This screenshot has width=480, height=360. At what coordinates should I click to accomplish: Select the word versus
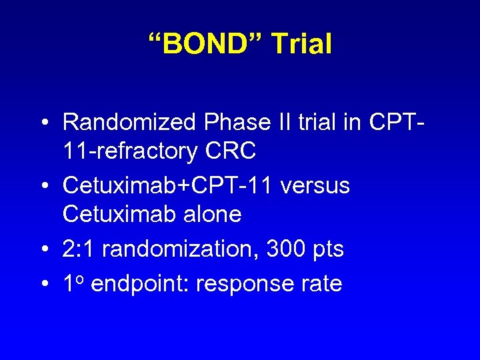315,186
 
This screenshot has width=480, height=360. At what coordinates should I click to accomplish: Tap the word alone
209,215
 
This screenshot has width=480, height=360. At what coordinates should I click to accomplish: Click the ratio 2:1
79,249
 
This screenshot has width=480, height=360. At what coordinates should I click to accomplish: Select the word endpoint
140,285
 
